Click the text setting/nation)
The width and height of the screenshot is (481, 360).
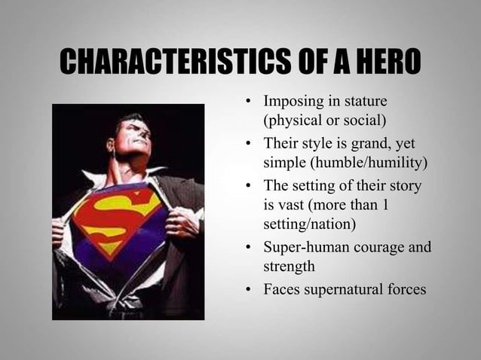coord(307,224)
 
